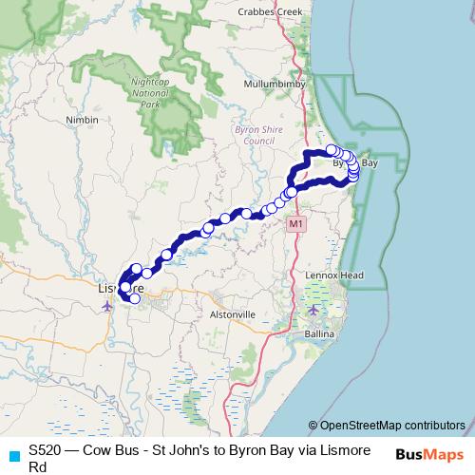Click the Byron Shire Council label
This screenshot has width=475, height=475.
(x=254, y=134)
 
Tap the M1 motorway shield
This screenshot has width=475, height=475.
(x=296, y=224)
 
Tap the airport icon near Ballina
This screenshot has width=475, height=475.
(x=314, y=311)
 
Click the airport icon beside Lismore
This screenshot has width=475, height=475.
(x=106, y=306)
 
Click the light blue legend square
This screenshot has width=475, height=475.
(x=13, y=454)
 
